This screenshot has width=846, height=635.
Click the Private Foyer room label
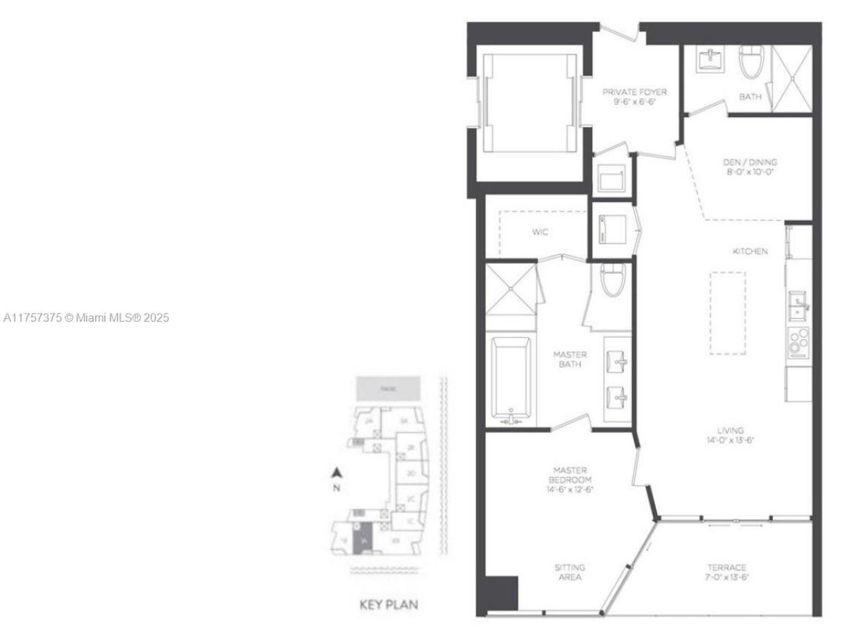click(634, 97)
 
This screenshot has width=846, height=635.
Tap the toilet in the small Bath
click(750, 63)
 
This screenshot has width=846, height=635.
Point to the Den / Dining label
click(750, 167)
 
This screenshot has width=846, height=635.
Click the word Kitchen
click(750, 251)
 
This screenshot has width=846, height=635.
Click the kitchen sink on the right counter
click(798, 306)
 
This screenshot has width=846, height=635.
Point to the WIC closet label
click(540, 232)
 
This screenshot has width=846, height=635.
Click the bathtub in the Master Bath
click(511, 380)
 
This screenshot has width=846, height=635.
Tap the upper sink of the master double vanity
click(618, 360)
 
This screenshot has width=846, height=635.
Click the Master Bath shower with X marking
click(510, 286)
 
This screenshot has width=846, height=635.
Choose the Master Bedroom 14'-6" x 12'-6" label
click(569, 480)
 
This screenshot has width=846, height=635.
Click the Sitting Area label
click(569, 572)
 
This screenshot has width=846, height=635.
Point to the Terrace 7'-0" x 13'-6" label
click(726, 572)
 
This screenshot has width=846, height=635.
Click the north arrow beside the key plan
click(336, 474)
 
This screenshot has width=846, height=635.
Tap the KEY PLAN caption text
click(389, 605)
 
